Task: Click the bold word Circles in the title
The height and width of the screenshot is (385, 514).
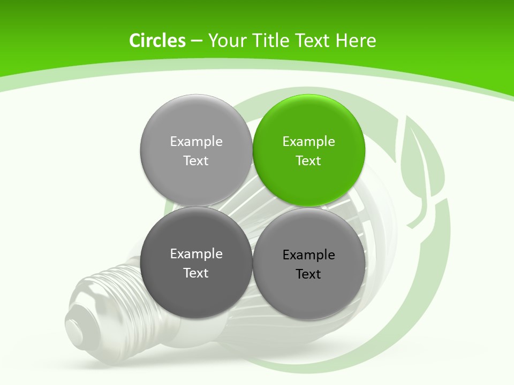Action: (x=157, y=41)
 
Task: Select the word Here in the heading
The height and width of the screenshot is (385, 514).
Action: (x=356, y=41)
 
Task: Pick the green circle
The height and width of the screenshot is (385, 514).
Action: (x=309, y=150)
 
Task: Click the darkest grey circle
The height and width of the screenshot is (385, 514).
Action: (x=196, y=263)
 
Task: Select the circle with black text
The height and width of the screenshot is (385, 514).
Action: (x=309, y=264)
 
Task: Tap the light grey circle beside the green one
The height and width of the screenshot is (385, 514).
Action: (x=196, y=150)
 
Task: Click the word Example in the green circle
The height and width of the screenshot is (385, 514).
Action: (x=308, y=141)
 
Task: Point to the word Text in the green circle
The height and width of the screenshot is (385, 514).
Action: (x=308, y=160)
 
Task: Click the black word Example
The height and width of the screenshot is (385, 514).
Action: (x=308, y=255)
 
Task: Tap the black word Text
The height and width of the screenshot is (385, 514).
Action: (x=308, y=274)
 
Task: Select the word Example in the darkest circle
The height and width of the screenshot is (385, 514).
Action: (x=196, y=253)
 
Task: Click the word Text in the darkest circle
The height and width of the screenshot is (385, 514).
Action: (x=196, y=273)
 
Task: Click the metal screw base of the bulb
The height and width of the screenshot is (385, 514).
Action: (x=102, y=299)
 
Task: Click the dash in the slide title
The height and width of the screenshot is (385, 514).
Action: (x=196, y=41)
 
